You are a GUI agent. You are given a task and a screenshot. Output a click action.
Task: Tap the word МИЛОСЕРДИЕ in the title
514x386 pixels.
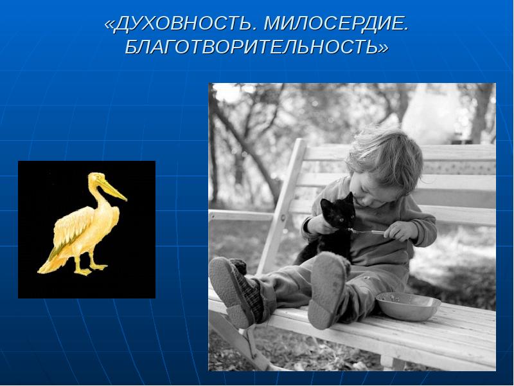[x=336, y=24]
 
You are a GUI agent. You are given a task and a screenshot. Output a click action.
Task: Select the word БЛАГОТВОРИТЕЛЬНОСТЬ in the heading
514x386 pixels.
[x=251, y=46]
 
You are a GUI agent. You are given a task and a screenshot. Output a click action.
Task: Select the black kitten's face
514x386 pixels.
[x=341, y=214]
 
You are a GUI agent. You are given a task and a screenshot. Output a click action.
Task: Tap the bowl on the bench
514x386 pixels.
[x=408, y=306]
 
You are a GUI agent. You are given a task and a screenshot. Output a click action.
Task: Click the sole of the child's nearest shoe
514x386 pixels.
[x=325, y=291]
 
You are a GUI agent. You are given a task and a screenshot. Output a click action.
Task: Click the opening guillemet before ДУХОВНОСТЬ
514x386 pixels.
[x=109, y=25]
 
